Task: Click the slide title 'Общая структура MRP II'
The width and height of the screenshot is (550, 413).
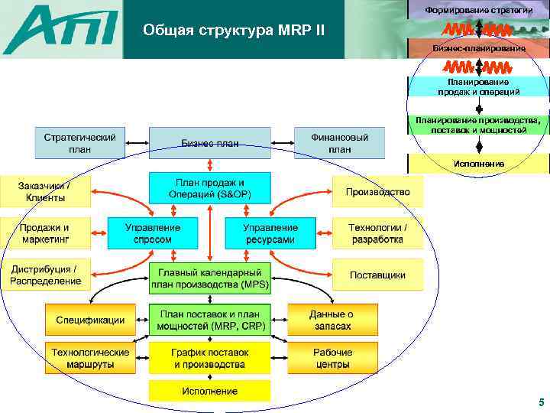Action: point(233,31)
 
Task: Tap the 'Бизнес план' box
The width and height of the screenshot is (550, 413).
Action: point(209,143)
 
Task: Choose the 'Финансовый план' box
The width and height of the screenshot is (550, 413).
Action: point(339,143)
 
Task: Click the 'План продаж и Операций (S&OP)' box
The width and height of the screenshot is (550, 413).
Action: point(209,189)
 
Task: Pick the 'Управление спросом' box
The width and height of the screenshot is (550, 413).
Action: point(152,233)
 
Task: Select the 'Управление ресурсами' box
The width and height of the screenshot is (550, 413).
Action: point(270,233)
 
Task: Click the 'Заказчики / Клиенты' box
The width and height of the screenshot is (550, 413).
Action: point(45,191)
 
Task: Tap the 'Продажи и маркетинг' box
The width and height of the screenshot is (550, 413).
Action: point(45,233)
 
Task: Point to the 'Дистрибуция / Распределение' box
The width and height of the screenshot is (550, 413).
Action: point(45,275)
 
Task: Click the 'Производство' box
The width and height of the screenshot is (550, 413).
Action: point(377,191)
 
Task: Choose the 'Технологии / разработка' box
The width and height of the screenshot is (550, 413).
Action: point(377,233)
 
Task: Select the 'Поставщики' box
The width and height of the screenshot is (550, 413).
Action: point(377,275)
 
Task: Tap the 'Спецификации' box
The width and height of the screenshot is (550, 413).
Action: point(90,320)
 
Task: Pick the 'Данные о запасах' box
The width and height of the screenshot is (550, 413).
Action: point(332,320)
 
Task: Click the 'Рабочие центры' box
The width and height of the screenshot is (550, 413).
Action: point(332,358)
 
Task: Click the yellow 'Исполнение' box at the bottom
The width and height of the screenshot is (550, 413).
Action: point(209,391)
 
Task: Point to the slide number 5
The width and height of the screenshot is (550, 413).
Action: point(541,402)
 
